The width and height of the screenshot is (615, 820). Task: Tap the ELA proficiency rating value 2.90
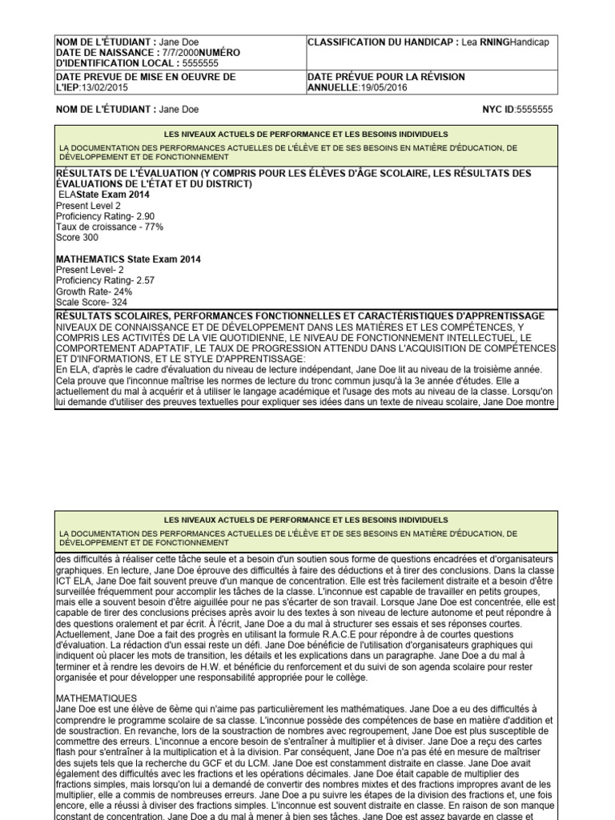pyautogui.click(x=145, y=216)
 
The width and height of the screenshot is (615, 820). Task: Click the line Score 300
pyautogui.click(x=77, y=238)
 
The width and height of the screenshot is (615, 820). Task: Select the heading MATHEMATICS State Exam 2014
pyautogui.click(x=128, y=259)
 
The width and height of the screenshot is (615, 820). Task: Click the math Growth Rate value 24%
pyautogui.click(x=122, y=291)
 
